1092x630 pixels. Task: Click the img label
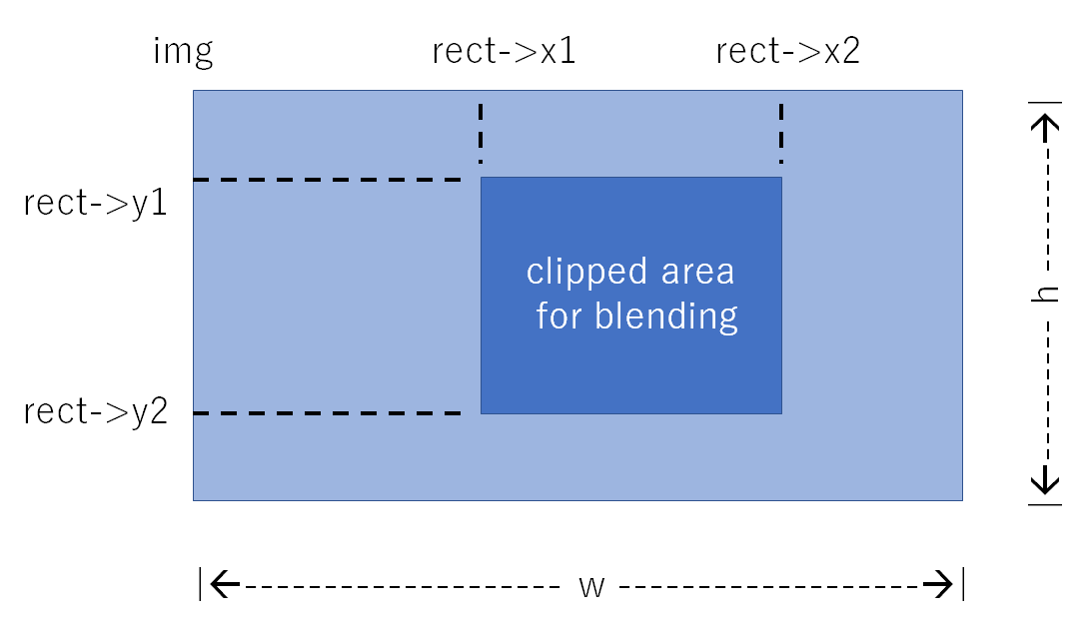point(183,51)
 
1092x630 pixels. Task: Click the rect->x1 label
point(504,52)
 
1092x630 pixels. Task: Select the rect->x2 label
point(788,52)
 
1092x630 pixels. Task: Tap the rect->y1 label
point(96,204)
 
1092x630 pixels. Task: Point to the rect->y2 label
point(96,410)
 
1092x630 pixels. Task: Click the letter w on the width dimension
point(592,586)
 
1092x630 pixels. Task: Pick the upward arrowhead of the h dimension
point(1046,124)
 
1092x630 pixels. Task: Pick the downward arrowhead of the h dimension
point(1046,483)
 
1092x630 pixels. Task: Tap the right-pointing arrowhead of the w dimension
point(940,585)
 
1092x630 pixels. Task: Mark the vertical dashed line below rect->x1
point(481,133)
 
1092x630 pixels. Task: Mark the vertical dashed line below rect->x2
point(781,133)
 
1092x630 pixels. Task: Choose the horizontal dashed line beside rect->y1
point(327,180)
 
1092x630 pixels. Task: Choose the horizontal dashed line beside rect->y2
point(327,413)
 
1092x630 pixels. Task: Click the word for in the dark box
point(559,316)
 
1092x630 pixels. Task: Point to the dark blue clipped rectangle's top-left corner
point(482,178)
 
